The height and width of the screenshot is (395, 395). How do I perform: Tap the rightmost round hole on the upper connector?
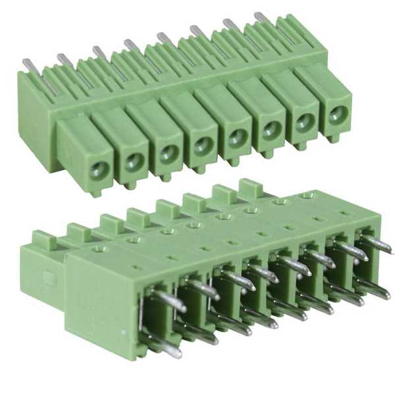click(x=336, y=114)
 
